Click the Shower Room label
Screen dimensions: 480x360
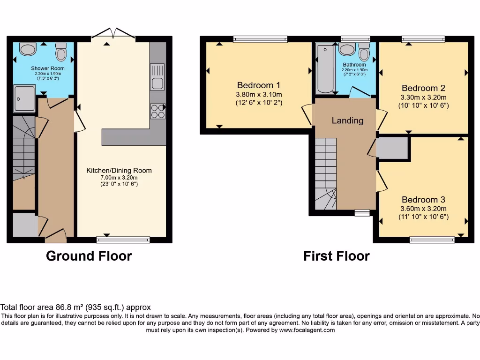(x=48, y=68)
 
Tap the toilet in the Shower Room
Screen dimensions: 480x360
(x=61, y=52)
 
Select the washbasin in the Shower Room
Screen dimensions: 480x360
(x=28, y=49)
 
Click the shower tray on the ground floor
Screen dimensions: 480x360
(x=24, y=98)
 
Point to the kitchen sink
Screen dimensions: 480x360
(x=157, y=76)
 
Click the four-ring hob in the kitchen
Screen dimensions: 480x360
(x=157, y=111)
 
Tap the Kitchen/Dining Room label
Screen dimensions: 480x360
(x=119, y=171)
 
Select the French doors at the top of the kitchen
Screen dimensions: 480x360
(x=113, y=34)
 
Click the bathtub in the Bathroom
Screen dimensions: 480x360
(x=325, y=69)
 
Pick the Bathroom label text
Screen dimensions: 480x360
(x=354, y=65)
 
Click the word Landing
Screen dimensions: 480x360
(x=347, y=120)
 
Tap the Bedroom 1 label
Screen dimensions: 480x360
(x=259, y=85)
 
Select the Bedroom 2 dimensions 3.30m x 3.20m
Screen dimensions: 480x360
(x=423, y=97)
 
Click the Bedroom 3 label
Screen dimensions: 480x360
(x=423, y=200)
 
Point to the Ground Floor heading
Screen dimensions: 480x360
(x=89, y=256)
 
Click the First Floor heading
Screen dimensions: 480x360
(x=337, y=256)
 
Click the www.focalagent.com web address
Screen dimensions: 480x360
(x=307, y=330)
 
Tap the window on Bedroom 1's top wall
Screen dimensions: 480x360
(x=260, y=39)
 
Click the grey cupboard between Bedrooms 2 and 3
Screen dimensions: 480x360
(x=392, y=148)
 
